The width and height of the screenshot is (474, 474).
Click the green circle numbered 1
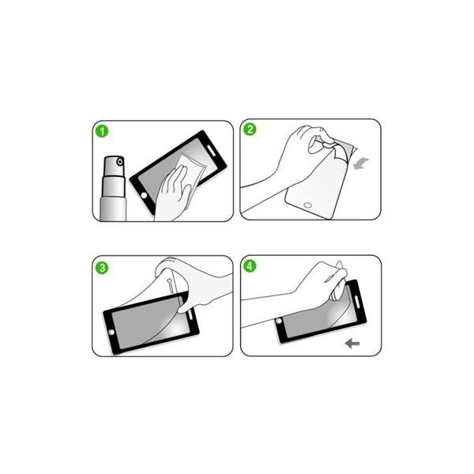[x=102, y=131]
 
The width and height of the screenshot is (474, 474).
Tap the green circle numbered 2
[x=250, y=129]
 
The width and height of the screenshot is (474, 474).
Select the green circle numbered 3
[x=102, y=268]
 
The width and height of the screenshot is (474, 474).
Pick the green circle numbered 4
[x=250, y=266]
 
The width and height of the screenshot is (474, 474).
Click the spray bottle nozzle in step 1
[x=120, y=162]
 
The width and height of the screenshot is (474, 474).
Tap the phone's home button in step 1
[x=145, y=195]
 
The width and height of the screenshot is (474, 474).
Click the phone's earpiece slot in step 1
[x=211, y=151]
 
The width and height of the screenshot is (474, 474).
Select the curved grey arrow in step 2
[x=361, y=164]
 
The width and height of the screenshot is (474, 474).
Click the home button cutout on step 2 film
[x=307, y=205]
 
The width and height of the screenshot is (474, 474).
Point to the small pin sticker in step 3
[x=170, y=285]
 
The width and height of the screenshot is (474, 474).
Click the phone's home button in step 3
[x=111, y=333]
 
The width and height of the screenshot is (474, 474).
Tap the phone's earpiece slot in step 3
[x=190, y=314]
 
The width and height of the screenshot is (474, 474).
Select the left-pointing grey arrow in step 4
[x=352, y=344]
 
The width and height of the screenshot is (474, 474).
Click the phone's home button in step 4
[x=279, y=321]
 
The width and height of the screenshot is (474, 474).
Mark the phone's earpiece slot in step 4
[x=357, y=302]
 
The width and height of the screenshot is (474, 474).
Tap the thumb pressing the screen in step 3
[x=185, y=306]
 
